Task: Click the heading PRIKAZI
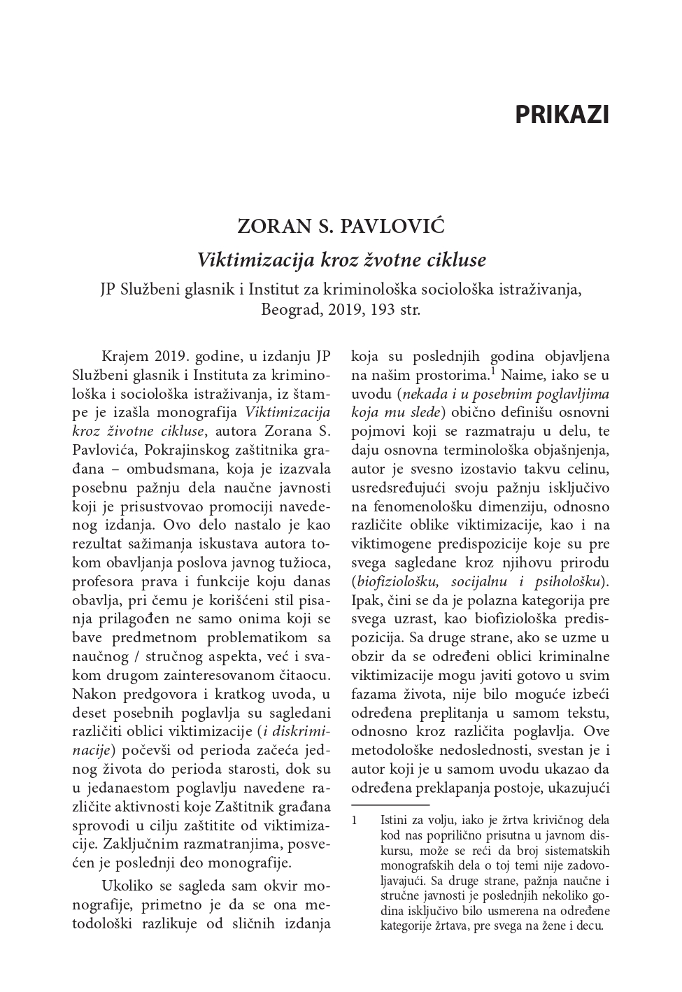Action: pyautogui.click(x=562, y=115)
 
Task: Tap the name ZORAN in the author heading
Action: pyautogui.click(x=272, y=227)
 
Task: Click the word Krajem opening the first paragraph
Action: pyautogui.click(x=125, y=356)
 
